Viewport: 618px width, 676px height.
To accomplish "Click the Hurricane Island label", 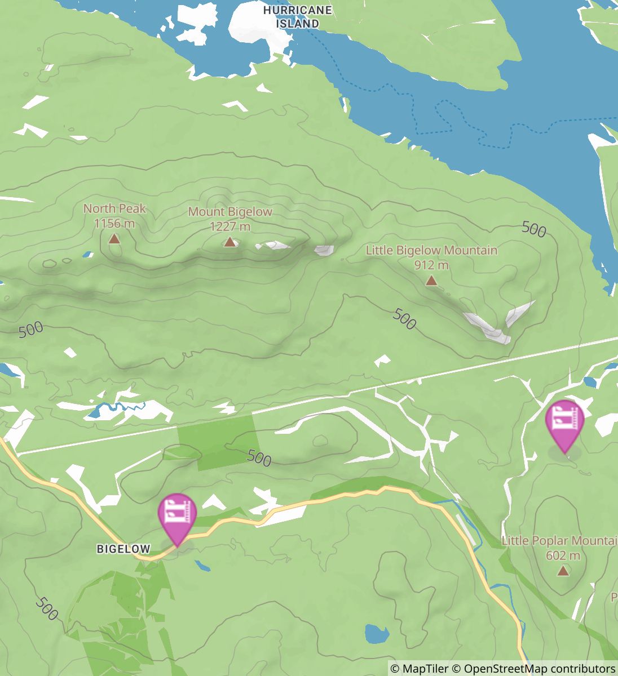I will point(297,17).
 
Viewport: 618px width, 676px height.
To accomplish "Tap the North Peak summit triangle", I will point(114,239).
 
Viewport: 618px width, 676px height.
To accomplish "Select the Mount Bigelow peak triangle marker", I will point(229,242).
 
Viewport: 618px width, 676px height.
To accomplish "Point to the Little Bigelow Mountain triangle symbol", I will point(431,281).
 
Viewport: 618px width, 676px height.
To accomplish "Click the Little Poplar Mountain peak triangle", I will point(563,571).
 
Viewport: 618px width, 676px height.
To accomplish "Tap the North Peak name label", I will point(114,208).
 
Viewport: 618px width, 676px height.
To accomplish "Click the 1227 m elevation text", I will point(229,227).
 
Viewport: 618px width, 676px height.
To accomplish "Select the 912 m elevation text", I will point(431,265).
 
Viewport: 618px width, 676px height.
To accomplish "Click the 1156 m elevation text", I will point(114,224).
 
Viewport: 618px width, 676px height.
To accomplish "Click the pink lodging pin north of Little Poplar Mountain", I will point(564,421).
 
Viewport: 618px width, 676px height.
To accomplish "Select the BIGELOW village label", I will point(123,549).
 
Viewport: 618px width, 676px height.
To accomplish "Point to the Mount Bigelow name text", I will point(229,212).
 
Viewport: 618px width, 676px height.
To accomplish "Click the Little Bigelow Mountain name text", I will point(431,250).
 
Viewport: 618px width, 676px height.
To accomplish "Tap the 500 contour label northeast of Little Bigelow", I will point(533,229).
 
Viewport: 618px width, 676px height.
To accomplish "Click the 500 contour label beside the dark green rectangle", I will point(259,459).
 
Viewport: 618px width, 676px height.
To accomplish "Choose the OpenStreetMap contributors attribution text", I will point(539,669).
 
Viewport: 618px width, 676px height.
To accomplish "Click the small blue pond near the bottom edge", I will point(377,634).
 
